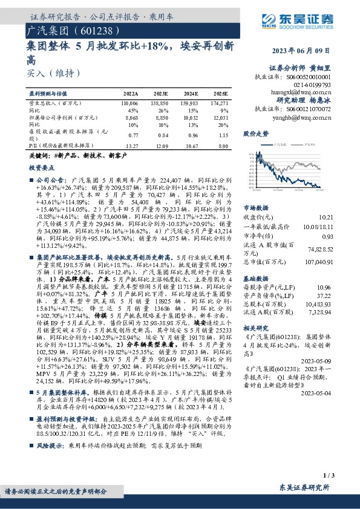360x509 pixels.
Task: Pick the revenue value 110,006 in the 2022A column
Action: point(131,105)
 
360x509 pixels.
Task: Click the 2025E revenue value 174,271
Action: point(219,105)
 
